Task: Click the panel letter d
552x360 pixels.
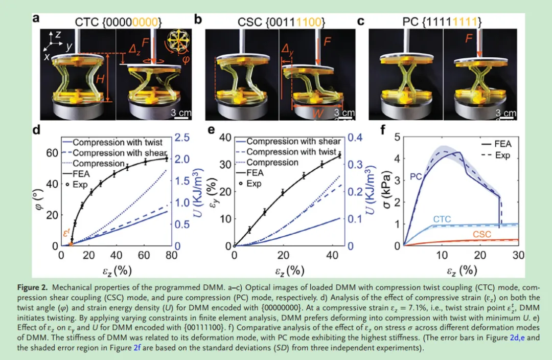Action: pos(36,130)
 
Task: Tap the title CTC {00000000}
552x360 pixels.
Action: pos(119,22)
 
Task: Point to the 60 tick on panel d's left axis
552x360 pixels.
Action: pos(53,153)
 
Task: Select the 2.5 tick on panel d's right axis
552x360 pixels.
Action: pos(183,138)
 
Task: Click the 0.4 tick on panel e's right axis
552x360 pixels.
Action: pos(355,138)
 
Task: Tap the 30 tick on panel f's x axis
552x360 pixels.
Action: pos(518,256)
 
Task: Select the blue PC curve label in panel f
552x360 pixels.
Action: pos(416,177)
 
